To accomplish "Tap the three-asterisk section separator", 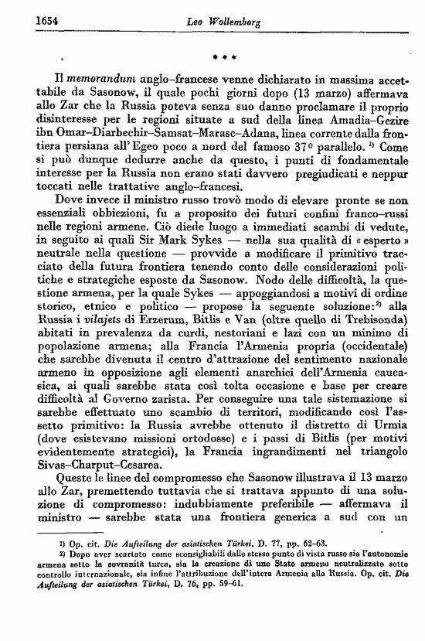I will [223, 57].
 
